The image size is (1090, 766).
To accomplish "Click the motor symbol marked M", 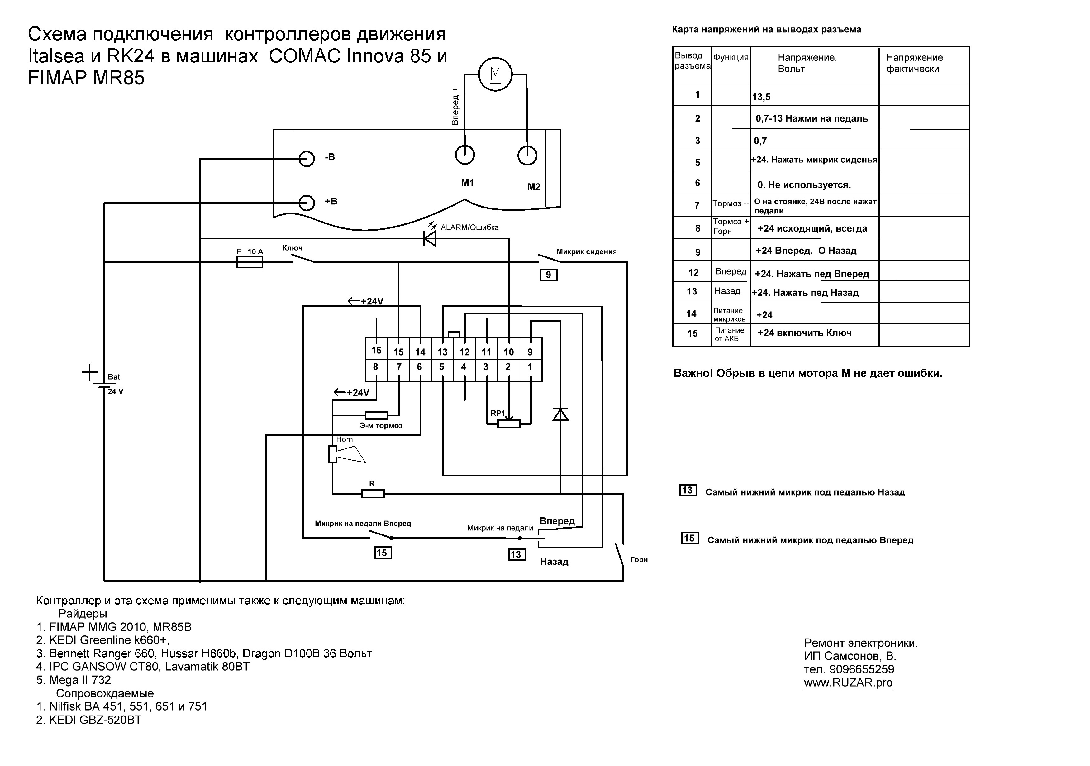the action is point(495,74).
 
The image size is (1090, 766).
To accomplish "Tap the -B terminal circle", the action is point(307,159).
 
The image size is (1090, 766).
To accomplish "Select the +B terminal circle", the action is point(307,203).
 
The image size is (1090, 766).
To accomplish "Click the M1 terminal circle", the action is point(465,155).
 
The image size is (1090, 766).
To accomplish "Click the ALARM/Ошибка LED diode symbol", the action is point(430,238).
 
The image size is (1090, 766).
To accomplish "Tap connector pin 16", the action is point(376,351).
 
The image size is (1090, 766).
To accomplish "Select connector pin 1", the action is point(530,366).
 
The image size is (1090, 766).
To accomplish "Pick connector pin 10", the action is point(508,352).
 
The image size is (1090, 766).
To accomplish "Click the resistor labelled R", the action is point(373,494).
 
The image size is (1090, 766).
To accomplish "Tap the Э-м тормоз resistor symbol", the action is point(376,415).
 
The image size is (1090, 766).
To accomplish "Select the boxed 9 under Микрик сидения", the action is point(548,275).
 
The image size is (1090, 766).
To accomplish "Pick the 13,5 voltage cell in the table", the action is point(761,97).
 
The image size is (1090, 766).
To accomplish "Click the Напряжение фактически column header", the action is point(914,63).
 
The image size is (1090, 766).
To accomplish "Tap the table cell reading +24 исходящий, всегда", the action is point(812,228).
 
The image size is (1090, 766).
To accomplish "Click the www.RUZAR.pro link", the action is point(848,683).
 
